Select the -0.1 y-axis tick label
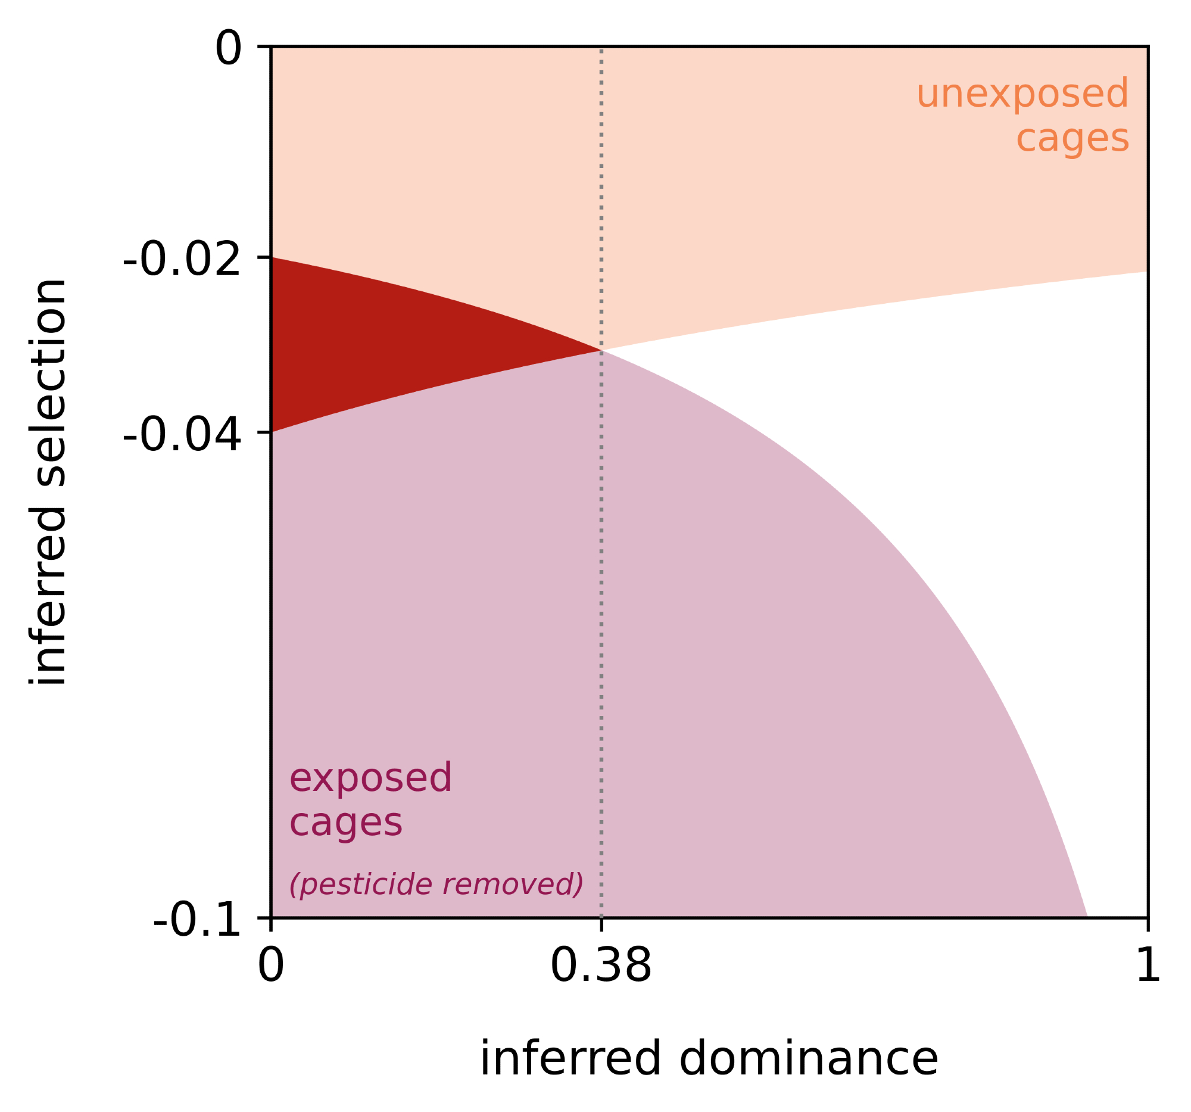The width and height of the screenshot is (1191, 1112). click(197, 920)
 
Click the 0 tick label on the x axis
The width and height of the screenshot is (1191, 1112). click(271, 966)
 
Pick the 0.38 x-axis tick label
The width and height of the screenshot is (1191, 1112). click(600, 966)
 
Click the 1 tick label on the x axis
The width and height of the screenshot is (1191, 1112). click(1148, 966)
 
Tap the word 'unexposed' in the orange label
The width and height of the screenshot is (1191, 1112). click(1022, 94)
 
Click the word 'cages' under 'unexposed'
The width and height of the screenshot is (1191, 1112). click(1072, 139)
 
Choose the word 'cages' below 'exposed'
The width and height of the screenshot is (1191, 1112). click(345, 823)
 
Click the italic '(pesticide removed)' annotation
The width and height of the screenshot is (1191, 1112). click(435, 884)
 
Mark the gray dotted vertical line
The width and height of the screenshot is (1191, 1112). click(601, 599)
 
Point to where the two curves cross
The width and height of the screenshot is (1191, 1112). click(601, 350)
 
